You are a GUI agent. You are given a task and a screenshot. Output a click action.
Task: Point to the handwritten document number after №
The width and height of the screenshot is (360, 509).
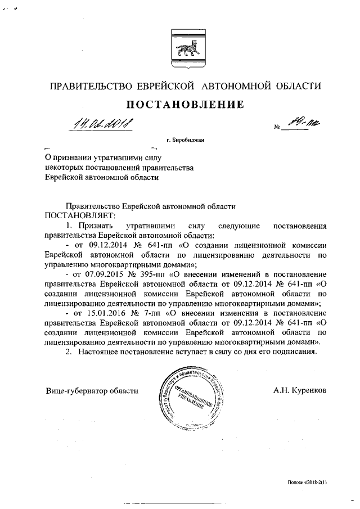point(295,121)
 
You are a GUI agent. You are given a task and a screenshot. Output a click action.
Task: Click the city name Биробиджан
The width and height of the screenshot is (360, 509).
point(186,139)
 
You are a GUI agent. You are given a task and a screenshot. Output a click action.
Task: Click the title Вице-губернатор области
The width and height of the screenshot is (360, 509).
point(92,390)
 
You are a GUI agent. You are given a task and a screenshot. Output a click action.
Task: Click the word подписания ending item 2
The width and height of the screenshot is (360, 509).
point(295,352)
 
